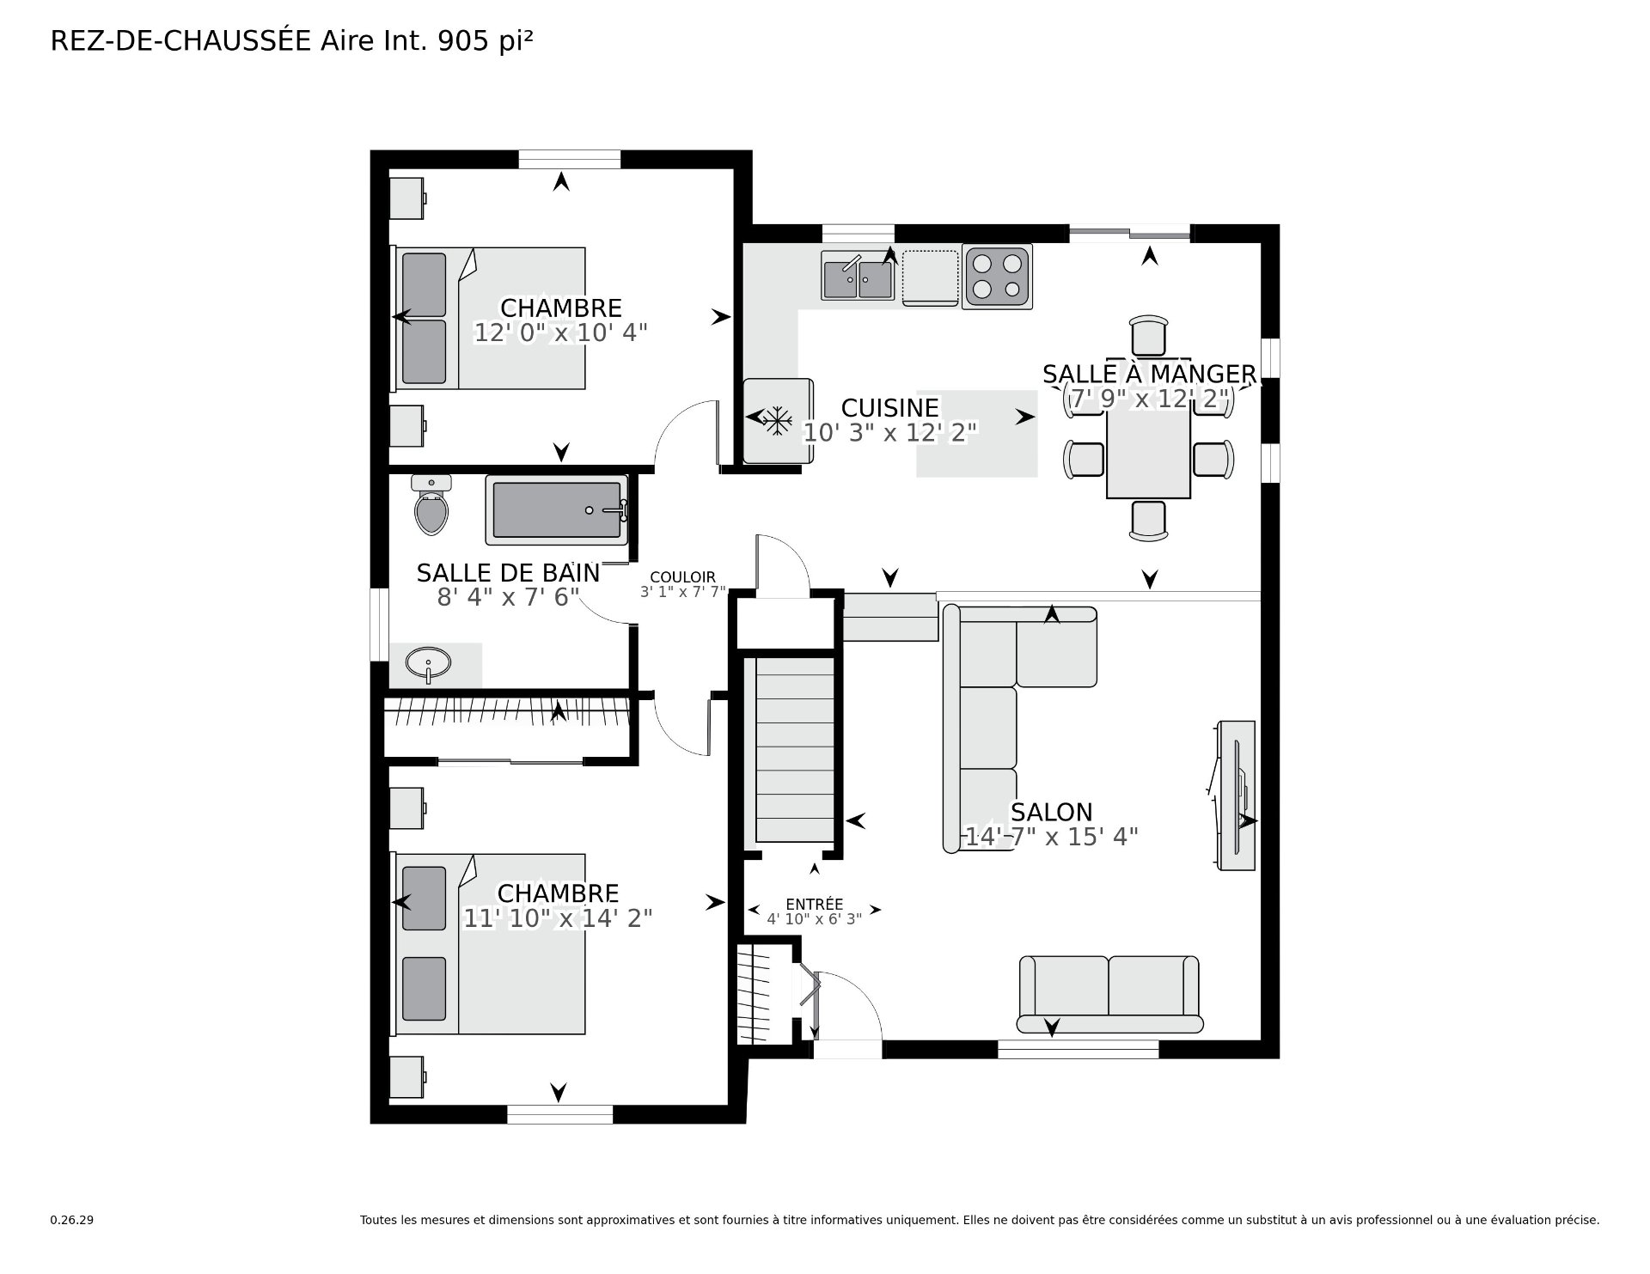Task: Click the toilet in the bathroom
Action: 431,504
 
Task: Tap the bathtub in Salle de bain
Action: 557,510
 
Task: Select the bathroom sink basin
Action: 428,664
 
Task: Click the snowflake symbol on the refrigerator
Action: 778,420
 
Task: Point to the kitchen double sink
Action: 858,276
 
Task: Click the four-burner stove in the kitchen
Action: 998,277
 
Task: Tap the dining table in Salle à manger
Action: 1148,453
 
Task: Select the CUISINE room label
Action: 889,407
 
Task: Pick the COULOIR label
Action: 682,577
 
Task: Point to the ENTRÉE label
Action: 814,904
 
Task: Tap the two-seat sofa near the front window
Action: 1109,994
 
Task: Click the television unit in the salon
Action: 1235,795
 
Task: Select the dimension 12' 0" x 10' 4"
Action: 560,332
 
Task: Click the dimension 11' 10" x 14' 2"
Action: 558,918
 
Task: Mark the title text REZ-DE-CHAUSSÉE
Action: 180,41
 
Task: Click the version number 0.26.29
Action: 71,1220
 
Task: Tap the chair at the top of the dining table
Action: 1149,335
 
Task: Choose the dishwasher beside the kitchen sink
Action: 930,277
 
